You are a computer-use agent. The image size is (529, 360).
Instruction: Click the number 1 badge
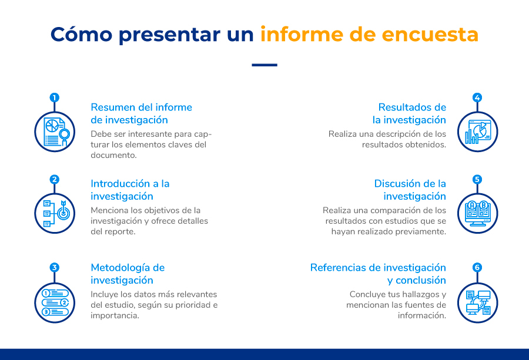coord(54,97)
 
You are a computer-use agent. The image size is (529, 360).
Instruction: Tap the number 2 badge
coord(54,179)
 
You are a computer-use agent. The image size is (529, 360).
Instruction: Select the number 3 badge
coord(54,267)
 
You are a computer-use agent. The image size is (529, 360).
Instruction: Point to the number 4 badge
coord(477,97)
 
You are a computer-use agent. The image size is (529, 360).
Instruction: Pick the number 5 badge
coord(477,179)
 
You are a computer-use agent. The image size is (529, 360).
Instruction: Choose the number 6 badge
coord(477,267)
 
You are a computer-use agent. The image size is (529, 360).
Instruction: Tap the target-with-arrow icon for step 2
coord(56,213)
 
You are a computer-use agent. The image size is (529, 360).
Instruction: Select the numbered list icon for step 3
coord(55,302)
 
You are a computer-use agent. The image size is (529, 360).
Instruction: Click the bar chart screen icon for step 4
coord(478,132)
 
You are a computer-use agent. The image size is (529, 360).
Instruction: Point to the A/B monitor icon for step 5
coord(478,214)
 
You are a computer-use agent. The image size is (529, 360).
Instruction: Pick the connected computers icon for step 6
coord(478,302)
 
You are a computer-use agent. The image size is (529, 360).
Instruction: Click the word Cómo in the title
coord(81,35)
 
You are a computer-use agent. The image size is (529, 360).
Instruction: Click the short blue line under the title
coord(264,65)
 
